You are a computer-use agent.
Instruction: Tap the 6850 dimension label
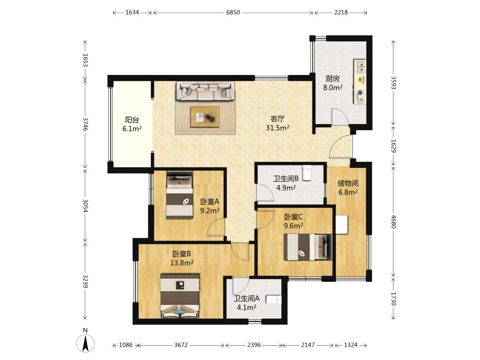pyautogui.click(x=233, y=12)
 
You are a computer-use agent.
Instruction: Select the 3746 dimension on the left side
pyautogui.click(x=85, y=124)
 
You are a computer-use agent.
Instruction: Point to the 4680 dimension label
pyautogui.click(x=394, y=222)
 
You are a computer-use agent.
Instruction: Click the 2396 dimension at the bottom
pyautogui.click(x=254, y=345)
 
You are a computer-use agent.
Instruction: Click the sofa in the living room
pyautogui.click(x=205, y=91)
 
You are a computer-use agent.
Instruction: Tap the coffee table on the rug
pyautogui.click(x=205, y=116)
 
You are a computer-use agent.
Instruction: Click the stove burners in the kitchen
pyautogui.click(x=360, y=96)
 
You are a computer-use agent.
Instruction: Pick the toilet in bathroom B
pyautogui.click(x=306, y=173)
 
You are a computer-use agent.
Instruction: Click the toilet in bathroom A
pyautogui.click(x=273, y=300)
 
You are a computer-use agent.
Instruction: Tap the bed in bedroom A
pyautogui.click(x=180, y=195)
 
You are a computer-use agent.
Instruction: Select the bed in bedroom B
pyautogui.click(x=180, y=296)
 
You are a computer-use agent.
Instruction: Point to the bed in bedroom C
pyautogui.click(x=308, y=247)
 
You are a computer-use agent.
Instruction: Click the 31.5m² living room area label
pyautogui.click(x=278, y=128)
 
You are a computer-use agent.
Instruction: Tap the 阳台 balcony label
pyautogui.click(x=132, y=120)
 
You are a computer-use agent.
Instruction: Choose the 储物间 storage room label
pyautogui.click(x=348, y=184)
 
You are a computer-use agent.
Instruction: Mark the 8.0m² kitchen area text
pyautogui.click(x=333, y=88)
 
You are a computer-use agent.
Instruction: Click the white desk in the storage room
pyautogui.click(x=342, y=225)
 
